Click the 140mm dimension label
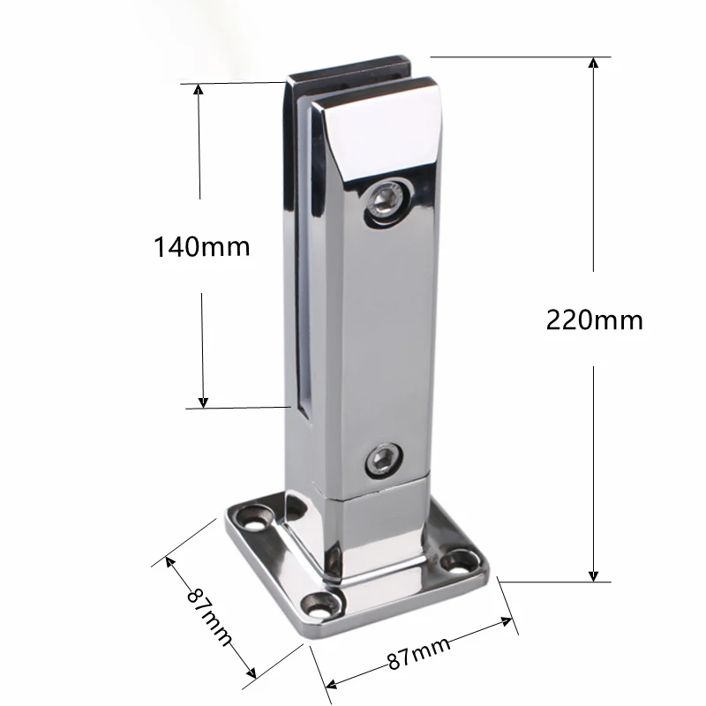point(202,247)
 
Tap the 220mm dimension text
point(594,320)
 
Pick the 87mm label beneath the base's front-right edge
point(418,653)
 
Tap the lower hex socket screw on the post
point(384,460)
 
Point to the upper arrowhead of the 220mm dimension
point(593,63)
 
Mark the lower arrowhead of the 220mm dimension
point(593,575)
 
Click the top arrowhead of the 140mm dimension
point(198,90)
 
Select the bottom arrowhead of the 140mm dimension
point(203,402)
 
